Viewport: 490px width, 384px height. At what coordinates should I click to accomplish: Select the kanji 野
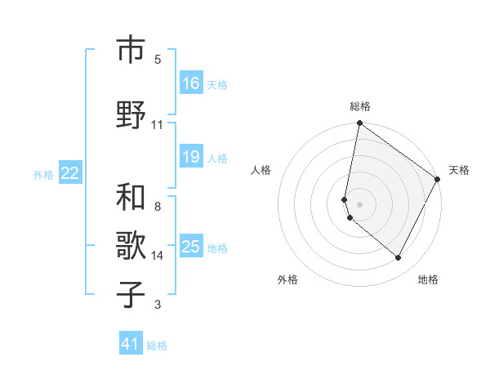coord(131,115)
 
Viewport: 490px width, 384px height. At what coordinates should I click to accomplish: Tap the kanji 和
coord(131,199)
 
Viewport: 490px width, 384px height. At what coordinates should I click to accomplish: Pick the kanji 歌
coord(131,246)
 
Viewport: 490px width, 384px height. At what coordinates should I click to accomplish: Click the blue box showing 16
coord(190,83)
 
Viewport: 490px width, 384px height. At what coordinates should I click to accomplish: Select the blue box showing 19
coord(190,157)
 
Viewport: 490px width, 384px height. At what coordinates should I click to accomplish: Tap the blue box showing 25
coord(190,247)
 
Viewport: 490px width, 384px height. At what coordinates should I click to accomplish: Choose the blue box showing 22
coord(70,172)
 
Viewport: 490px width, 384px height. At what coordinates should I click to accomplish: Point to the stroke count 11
coord(158,125)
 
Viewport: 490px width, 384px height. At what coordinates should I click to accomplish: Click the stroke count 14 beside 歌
coord(158,256)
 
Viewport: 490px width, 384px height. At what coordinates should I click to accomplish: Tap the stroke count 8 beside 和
coord(158,207)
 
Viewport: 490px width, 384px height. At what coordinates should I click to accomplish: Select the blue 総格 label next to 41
coord(157,346)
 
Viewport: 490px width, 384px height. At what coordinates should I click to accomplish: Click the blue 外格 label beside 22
coord(43,174)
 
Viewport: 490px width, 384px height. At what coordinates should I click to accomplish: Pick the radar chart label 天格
coord(459,170)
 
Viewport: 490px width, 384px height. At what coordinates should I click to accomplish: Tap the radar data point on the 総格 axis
coord(359,123)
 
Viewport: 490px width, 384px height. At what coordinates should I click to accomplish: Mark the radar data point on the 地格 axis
coord(398,258)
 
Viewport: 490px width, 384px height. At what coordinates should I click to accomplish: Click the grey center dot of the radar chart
coord(359,203)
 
